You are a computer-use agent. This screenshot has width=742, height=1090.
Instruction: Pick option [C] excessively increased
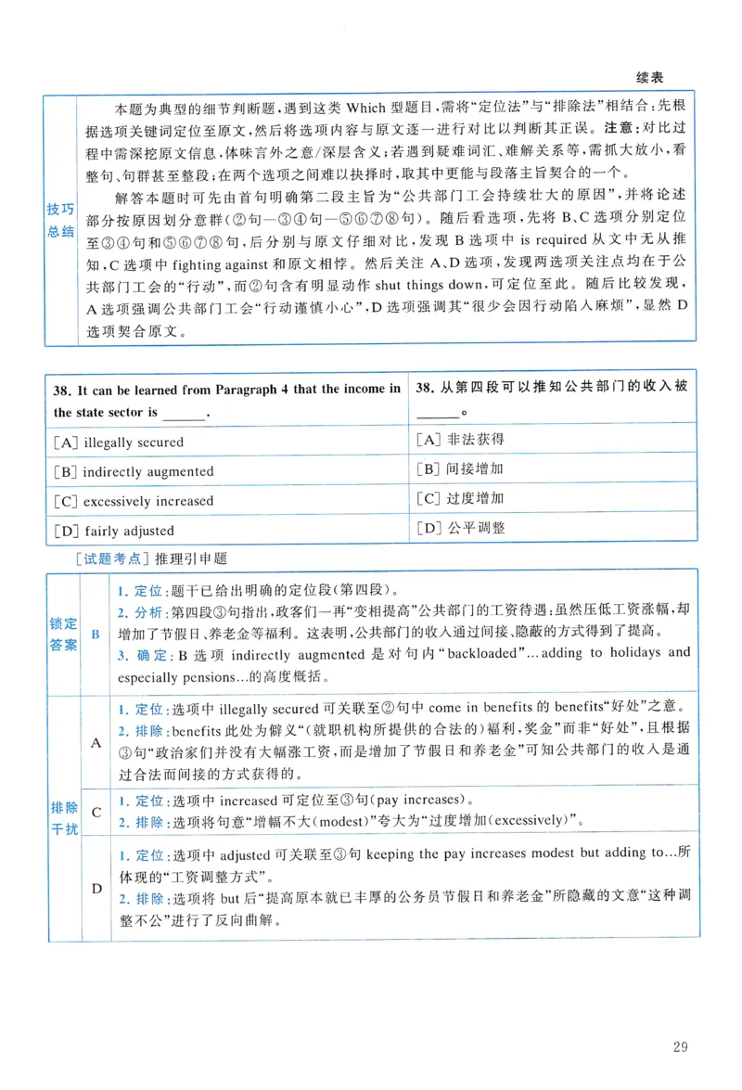(x=134, y=501)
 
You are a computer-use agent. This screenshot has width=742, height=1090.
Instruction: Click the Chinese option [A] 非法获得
(x=460, y=440)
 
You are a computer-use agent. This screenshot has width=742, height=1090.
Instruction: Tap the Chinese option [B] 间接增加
(x=460, y=469)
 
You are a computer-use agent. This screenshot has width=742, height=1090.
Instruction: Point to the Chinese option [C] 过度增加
(x=460, y=498)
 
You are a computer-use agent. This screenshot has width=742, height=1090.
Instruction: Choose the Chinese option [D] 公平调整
(x=460, y=528)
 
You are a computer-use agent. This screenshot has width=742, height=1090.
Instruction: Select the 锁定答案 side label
(x=63, y=635)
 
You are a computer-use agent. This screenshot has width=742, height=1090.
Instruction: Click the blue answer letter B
(x=96, y=635)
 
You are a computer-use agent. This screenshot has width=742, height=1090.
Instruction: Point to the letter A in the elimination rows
(x=96, y=742)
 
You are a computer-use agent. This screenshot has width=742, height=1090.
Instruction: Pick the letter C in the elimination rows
(x=96, y=812)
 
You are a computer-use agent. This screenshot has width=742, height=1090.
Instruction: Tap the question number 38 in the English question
(x=63, y=389)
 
